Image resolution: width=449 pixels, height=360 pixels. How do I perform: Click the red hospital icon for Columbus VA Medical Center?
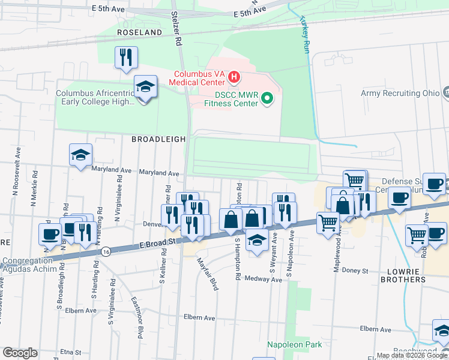pyautogui.click(x=234, y=77)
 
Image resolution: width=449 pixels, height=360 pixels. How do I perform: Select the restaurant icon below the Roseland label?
pyautogui.click(x=126, y=58)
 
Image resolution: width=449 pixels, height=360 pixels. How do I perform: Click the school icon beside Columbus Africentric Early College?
pyautogui.click(x=145, y=88)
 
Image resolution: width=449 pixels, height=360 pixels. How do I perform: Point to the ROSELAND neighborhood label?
pyautogui.click(x=140, y=32)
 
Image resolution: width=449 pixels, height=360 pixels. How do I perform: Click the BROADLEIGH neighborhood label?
pyautogui.click(x=158, y=139)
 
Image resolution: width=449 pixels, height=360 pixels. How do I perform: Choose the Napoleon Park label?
pyautogui.click(x=294, y=344)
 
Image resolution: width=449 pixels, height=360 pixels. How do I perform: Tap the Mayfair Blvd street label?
pyautogui.click(x=208, y=274)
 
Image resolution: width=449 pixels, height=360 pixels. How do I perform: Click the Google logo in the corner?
pyautogui.click(x=20, y=353)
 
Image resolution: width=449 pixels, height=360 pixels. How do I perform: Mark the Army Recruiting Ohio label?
pyautogui.click(x=399, y=93)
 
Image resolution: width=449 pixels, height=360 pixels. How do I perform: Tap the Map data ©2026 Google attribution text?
pyautogui.click(x=412, y=355)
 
